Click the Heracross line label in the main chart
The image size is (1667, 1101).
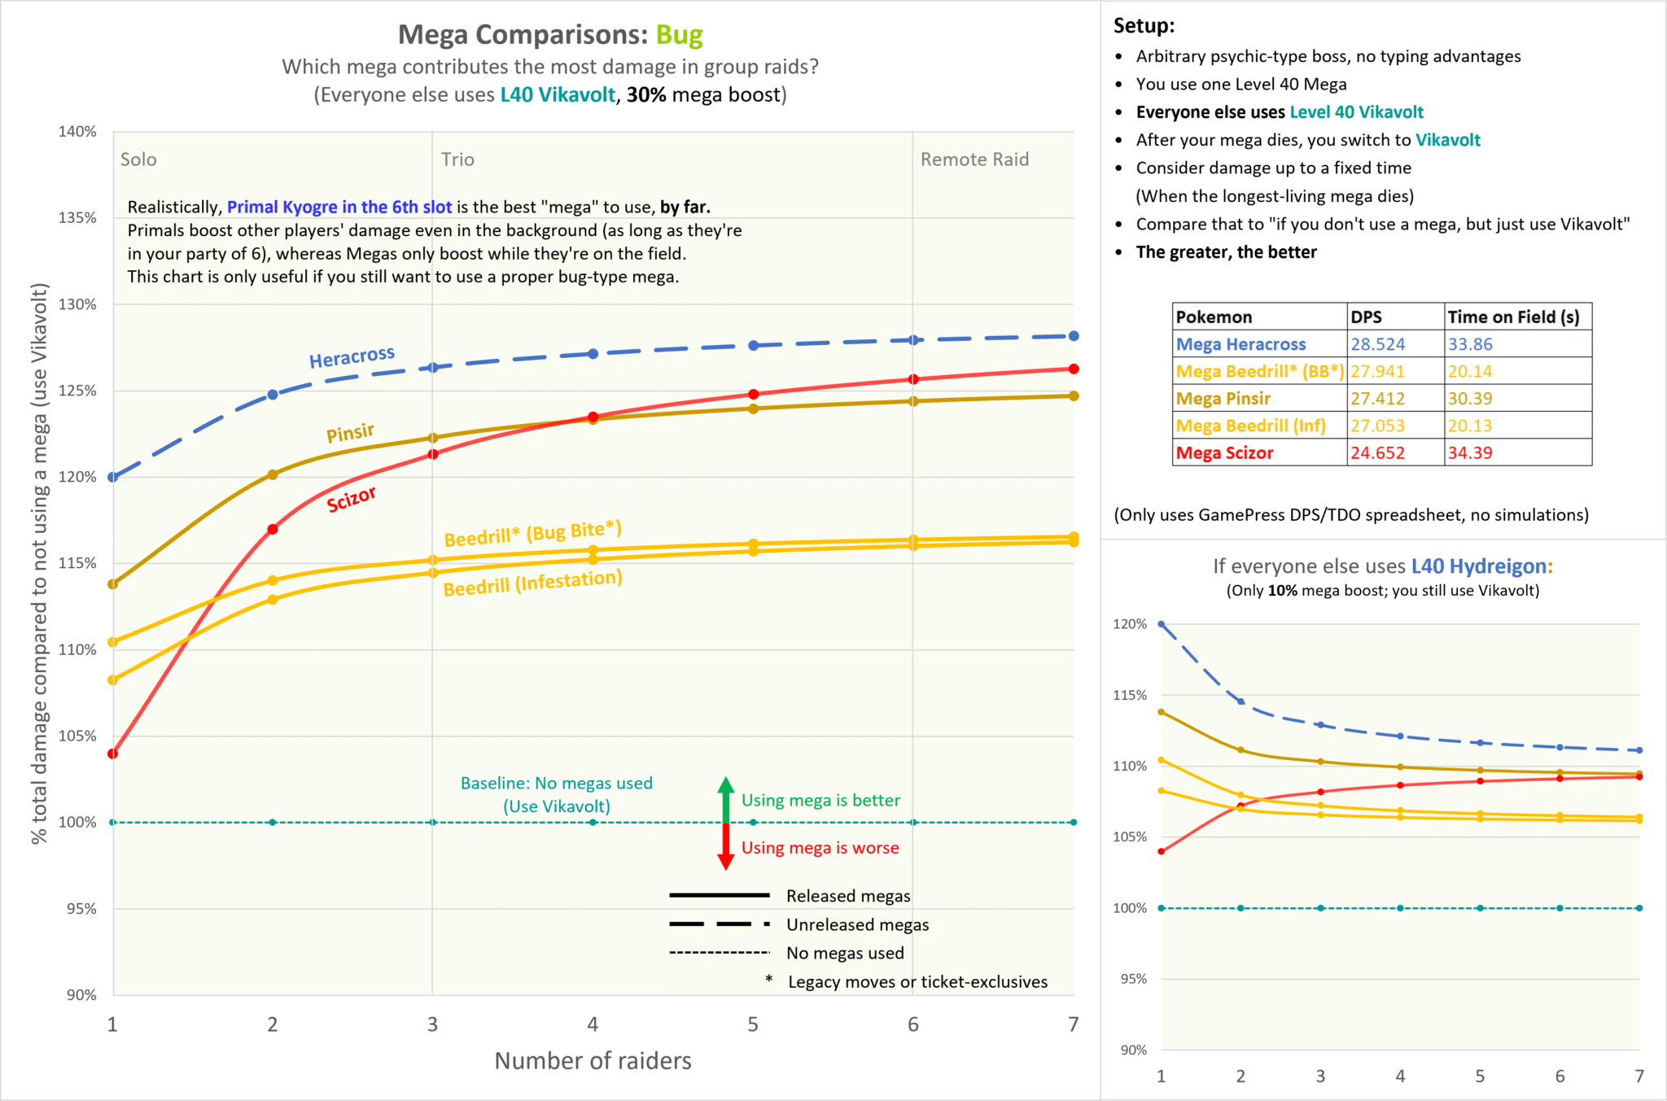(352, 357)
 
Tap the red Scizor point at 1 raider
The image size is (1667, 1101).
(113, 754)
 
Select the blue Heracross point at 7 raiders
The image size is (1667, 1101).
(1074, 336)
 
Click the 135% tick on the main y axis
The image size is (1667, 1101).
(77, 218)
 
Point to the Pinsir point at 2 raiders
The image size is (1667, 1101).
(273, 474)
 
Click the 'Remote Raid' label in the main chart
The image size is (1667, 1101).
(974, 159)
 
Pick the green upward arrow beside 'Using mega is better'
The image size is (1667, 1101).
(725, 799)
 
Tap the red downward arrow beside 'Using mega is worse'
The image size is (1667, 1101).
(725, 848)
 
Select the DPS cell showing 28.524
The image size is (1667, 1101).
(1377, 344)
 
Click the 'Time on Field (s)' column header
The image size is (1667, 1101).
(1513, 317)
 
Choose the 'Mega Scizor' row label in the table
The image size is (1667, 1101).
(1224, 453)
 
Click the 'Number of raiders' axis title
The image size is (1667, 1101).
(593, 1060)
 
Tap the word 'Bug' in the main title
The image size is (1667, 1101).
(679, 35)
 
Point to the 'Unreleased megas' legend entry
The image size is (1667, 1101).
(857, 924)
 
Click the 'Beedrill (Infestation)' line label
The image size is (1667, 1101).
(532, 583)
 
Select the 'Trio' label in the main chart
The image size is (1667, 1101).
(457, 159)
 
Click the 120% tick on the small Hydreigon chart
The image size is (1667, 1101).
(1129, 624)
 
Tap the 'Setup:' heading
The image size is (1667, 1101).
(1144, 26)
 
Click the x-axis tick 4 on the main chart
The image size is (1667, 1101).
(593, 1025)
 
